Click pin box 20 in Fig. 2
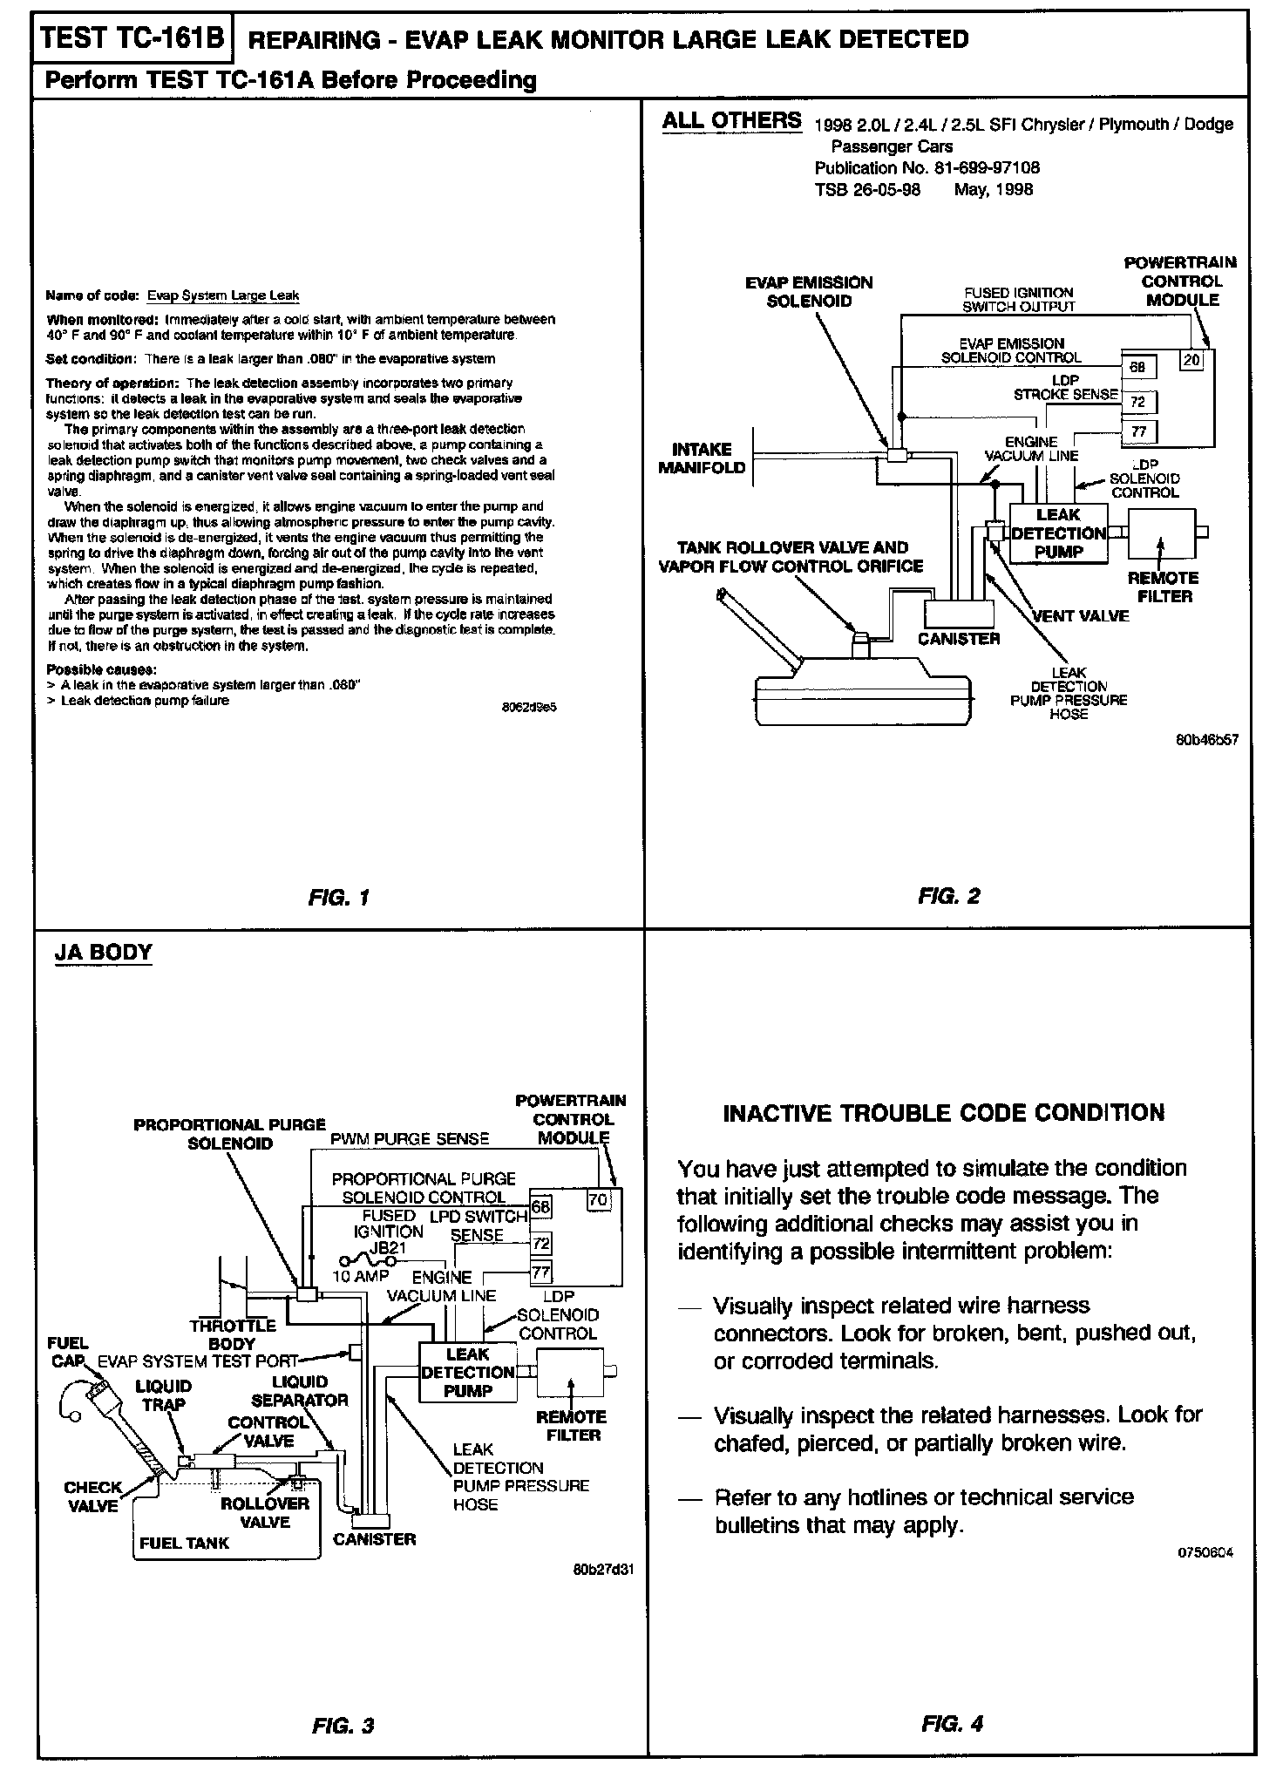(x=1191, y=358)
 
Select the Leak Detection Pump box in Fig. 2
(x=1058, y=533)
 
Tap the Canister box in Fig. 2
(x=958, y=614)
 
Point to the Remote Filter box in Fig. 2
(x=1162, y=534)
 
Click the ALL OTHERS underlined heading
(x=731, y=120)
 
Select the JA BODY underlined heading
(x=103, y=952)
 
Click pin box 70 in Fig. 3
(x=598, y=1199)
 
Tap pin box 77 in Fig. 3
(x=541, y=1272)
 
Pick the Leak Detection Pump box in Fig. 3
(x=467, y=1373)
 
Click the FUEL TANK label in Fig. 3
(x=184, y=1543)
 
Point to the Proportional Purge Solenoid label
(x=229, y=1134)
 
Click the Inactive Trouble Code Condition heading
(x=944, y=1113)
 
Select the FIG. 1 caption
(x=339, y=897)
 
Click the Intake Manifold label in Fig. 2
(x=702, y=458)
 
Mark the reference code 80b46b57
(x=1207, y=740)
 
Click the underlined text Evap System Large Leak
(x=223, y=295)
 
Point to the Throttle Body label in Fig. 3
(x=232, y=1334)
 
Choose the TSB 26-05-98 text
(x=867, y=189)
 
